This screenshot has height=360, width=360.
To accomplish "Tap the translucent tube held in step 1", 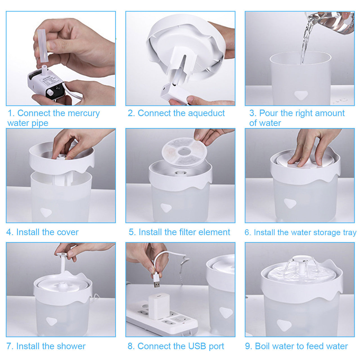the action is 42,46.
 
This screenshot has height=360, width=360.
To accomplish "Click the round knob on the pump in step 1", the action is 50,92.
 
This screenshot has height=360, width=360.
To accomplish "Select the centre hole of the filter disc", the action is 184,152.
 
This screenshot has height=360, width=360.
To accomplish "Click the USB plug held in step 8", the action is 157,280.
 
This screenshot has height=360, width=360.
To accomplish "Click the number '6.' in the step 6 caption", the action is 248,233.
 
